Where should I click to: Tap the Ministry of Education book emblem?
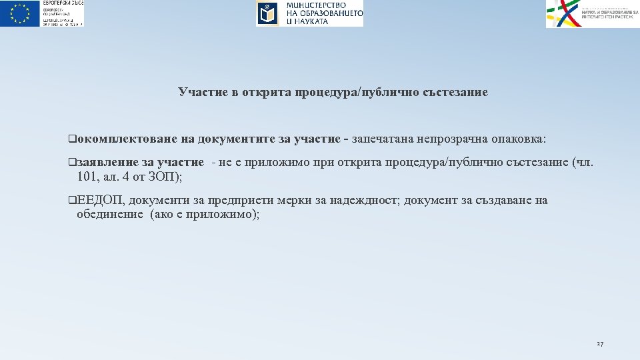pos(267,13)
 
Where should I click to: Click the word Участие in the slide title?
pos(201,92)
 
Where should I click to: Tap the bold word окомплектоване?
pos(127,139)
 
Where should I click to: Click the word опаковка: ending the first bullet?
pos(516,139)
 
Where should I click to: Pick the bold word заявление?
pos(107,163)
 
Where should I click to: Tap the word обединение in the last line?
pos(110,215)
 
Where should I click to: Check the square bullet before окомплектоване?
pos(72,139)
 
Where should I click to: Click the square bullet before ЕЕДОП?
pos(72,201)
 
